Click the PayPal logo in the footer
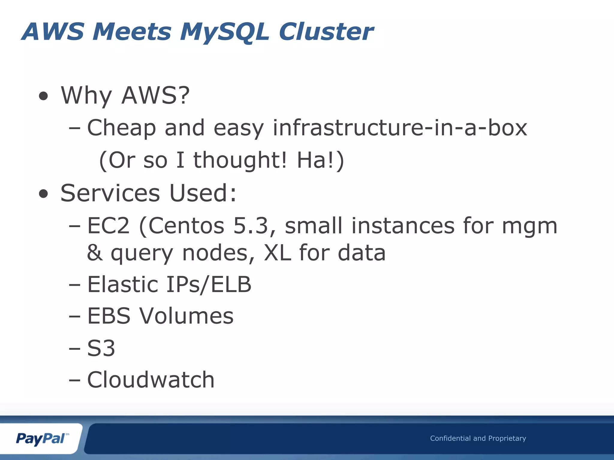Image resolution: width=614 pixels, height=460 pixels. (x=42, y=439)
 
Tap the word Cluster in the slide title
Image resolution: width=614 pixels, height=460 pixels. (x=326, y=32)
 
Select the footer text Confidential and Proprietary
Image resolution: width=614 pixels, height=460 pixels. (x=478, y=438)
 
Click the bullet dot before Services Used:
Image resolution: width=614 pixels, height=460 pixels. (x=43, y=194)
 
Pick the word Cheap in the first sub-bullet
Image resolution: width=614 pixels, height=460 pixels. (x=121, y=128)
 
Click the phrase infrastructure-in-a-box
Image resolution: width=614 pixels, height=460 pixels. (x=400, y=128)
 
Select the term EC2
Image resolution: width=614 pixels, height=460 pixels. (x=108, y=226)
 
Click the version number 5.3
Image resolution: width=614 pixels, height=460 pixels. (x=251, y=226)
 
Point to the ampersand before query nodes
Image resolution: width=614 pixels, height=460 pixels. (x=95, y=253)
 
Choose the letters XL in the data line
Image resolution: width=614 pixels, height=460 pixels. (x=277, y=253)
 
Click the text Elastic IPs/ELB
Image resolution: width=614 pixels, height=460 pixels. (x=169, y=285)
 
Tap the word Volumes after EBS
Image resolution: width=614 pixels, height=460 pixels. (x=186, y=316)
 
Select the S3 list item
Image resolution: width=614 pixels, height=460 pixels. (x=101, y=348)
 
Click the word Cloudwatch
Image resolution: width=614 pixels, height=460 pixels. (x=151, y=380)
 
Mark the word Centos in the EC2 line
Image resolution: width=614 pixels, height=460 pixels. (x=186, y=226)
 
